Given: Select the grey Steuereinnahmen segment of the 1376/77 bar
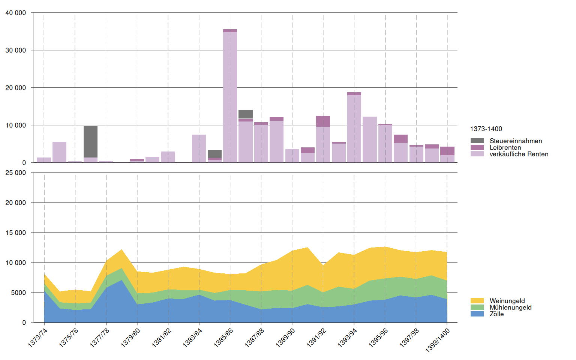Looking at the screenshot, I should [90, 142].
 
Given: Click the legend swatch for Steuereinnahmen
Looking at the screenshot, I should [477, 141].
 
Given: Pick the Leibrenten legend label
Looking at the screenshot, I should [505, 147].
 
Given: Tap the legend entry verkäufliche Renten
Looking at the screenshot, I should [519, 154].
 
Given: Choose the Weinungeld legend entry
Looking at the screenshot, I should [507, 301].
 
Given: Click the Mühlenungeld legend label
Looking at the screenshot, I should [510, 307].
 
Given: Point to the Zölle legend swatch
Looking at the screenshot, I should [477, 314].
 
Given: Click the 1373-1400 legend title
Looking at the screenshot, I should [486, 129].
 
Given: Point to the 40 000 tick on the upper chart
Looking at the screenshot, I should [16, 13].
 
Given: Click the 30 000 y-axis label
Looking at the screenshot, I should [16, 50].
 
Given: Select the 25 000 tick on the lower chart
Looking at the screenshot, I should [16, 173].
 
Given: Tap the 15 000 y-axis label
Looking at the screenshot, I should [16, 233].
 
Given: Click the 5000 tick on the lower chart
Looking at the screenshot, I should [18, 292].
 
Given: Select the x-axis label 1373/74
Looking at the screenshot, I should [38, 337].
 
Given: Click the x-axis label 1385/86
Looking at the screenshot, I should [223, 337].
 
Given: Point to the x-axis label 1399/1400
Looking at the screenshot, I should [437, 340].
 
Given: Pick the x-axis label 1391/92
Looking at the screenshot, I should [316, 337].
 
